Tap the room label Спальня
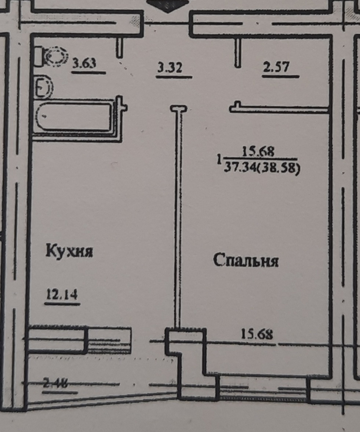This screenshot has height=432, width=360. [246, 261]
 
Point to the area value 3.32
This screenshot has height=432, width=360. [170, 68]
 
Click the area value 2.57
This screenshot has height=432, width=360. [276, 67]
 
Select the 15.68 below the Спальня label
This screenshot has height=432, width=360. [257, 335]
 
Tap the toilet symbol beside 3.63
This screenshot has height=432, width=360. [55, 57]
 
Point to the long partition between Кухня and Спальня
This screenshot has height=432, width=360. [179, 220]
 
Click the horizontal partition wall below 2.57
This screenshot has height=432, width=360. [279, 109]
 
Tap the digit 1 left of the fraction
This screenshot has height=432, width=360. [219, 160]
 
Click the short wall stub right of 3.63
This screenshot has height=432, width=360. [119, 47]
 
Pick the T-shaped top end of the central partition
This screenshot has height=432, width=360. [179, 109]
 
